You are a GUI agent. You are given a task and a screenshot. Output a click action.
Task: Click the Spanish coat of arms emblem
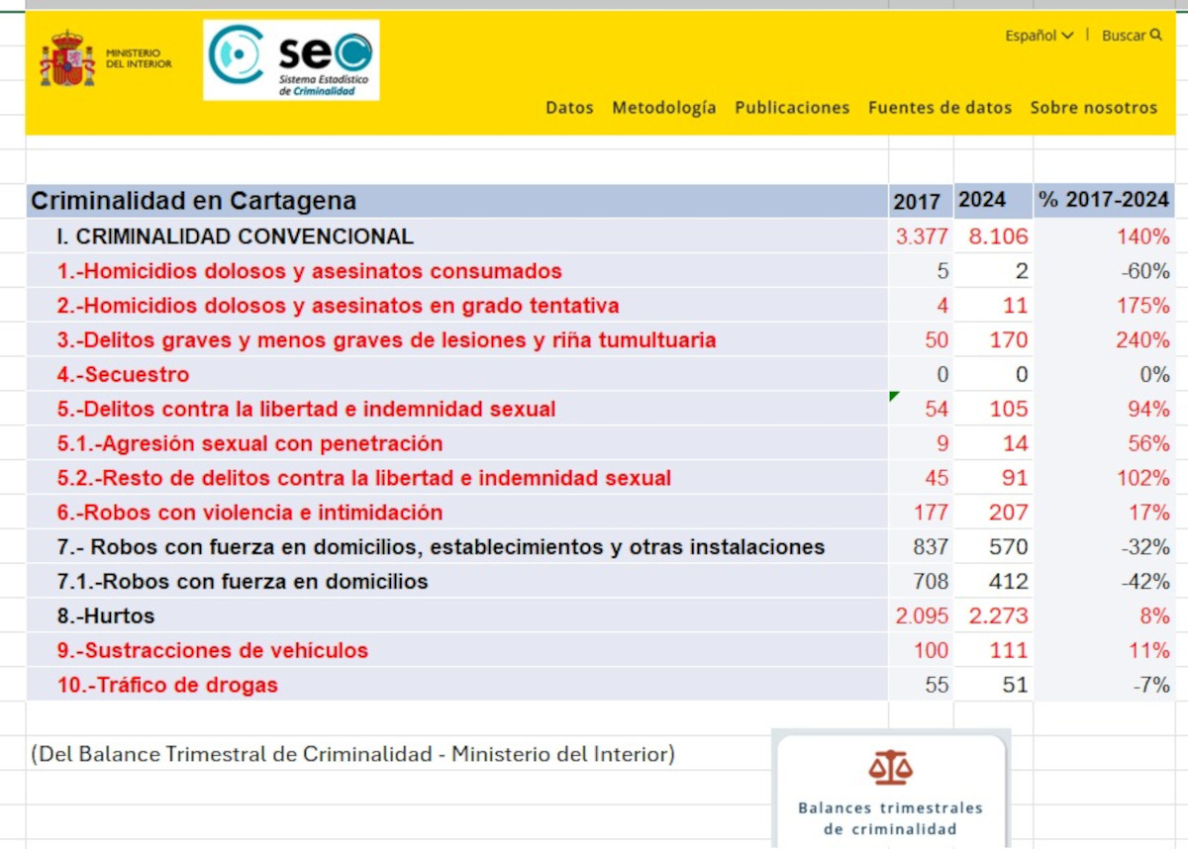[67, 59]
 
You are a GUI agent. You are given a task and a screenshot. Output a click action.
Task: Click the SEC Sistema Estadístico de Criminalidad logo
[291, 60]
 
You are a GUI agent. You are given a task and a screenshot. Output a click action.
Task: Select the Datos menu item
[569, 108]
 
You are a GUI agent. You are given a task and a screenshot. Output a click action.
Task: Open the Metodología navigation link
[663, 108]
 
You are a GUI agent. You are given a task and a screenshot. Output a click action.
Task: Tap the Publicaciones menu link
[792, 108]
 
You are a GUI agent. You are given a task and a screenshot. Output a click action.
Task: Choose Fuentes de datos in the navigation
[940, 108]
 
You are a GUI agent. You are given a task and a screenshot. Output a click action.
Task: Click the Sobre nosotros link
[1093, 108]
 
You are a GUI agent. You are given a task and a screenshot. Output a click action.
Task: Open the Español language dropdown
[1039, 36]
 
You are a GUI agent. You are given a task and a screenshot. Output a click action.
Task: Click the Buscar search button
[1131, 36]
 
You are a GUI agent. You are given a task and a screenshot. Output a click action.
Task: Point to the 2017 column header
[917, 202]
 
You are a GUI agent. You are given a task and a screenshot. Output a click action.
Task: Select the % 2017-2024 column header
[1104, 201]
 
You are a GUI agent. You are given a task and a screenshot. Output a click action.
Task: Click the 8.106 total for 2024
[998, 236]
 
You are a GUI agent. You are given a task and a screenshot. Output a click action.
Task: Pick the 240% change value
[1142, 340]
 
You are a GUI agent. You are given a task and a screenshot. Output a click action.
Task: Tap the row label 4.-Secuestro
[123, 375]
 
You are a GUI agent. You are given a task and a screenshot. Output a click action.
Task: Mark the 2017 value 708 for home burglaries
[931, 582]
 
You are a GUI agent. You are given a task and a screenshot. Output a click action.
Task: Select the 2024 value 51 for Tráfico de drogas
[1015, 685]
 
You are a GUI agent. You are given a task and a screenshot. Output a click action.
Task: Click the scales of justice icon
[890, 767]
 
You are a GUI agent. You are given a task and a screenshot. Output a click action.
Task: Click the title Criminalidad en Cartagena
[194, 202]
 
